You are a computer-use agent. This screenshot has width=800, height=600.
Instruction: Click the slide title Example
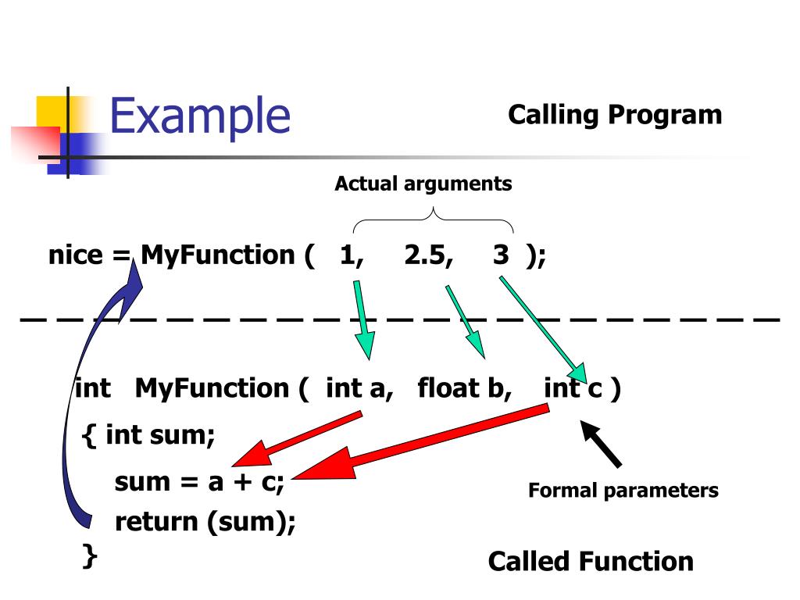click(200, 117)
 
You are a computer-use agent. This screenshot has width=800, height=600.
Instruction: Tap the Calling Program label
click(615, 115)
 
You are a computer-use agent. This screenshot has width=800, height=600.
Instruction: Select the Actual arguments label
click(423, 184)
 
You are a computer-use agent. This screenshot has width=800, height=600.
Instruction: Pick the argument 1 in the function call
click(351, 255)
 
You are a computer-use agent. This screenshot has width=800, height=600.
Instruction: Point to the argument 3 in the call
click(501, 254)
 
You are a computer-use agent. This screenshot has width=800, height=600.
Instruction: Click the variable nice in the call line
click(76, 255)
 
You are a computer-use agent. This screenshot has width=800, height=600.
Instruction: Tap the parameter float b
click(464, 389)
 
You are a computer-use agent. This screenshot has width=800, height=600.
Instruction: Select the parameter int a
click(359, 389)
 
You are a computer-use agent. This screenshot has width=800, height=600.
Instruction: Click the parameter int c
click(573, 389)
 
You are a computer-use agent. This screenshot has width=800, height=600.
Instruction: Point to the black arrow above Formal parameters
click(601, 443)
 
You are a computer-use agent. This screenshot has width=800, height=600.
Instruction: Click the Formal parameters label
click(623, 491)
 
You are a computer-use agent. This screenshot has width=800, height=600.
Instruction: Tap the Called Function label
click(591, 562)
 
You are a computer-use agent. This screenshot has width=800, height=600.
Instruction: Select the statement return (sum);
click(205, 522)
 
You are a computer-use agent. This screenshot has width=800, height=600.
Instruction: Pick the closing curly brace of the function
click(90, 555)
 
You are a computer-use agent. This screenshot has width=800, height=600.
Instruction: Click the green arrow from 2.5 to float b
click(466, 322)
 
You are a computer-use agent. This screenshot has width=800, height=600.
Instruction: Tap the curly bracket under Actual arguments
click(433, 219)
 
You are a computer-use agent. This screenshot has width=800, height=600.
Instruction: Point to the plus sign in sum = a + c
click(243, 482)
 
